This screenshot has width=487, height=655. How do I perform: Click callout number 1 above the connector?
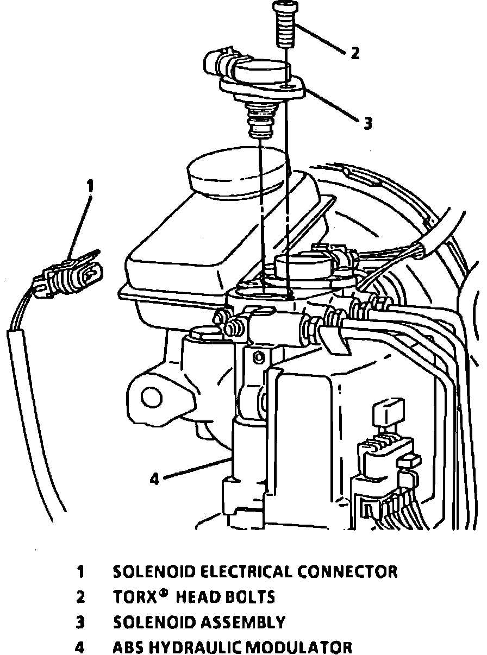pos(90,186)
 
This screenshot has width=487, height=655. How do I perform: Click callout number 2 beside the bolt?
pos(354,53)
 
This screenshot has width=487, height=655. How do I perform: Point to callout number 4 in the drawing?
pos(154,479)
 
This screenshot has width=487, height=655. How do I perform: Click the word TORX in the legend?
pos(132,597)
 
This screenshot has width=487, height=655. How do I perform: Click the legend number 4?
pos(80,647)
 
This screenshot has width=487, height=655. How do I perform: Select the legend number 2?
pos(80,597)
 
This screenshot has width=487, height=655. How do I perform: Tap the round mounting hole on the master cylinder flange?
pos(149,396)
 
